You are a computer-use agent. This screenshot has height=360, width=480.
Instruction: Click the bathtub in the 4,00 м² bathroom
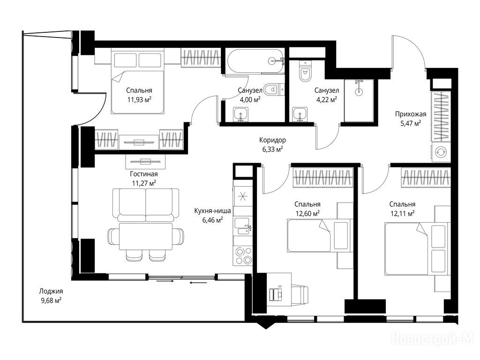[x=255, y=61]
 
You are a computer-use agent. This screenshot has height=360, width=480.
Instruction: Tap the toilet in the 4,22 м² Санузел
[x=305, y=71]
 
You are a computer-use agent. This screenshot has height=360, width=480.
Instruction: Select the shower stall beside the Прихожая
[x=359, y=101]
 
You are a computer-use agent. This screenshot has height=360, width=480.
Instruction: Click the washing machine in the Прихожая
[x=441, y=152]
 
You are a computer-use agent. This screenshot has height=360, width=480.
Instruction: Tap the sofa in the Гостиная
[x=146, y=205]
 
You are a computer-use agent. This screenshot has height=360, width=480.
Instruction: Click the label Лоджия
[x=51, y=292]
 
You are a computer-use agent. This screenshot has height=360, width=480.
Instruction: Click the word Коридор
[x=272, y=140]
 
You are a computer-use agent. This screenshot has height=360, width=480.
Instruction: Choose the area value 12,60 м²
[x=307, y=213]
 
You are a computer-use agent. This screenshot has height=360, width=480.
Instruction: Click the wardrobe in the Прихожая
[x=441, y=116]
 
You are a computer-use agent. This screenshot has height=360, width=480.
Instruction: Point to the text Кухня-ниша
[x=212, y=211]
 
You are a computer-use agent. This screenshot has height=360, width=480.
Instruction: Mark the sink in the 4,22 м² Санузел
[x=300, y=114]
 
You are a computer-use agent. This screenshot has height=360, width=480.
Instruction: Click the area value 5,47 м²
[x=411, y=123]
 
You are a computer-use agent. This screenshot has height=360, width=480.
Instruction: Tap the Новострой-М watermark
[x=433, y=339]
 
